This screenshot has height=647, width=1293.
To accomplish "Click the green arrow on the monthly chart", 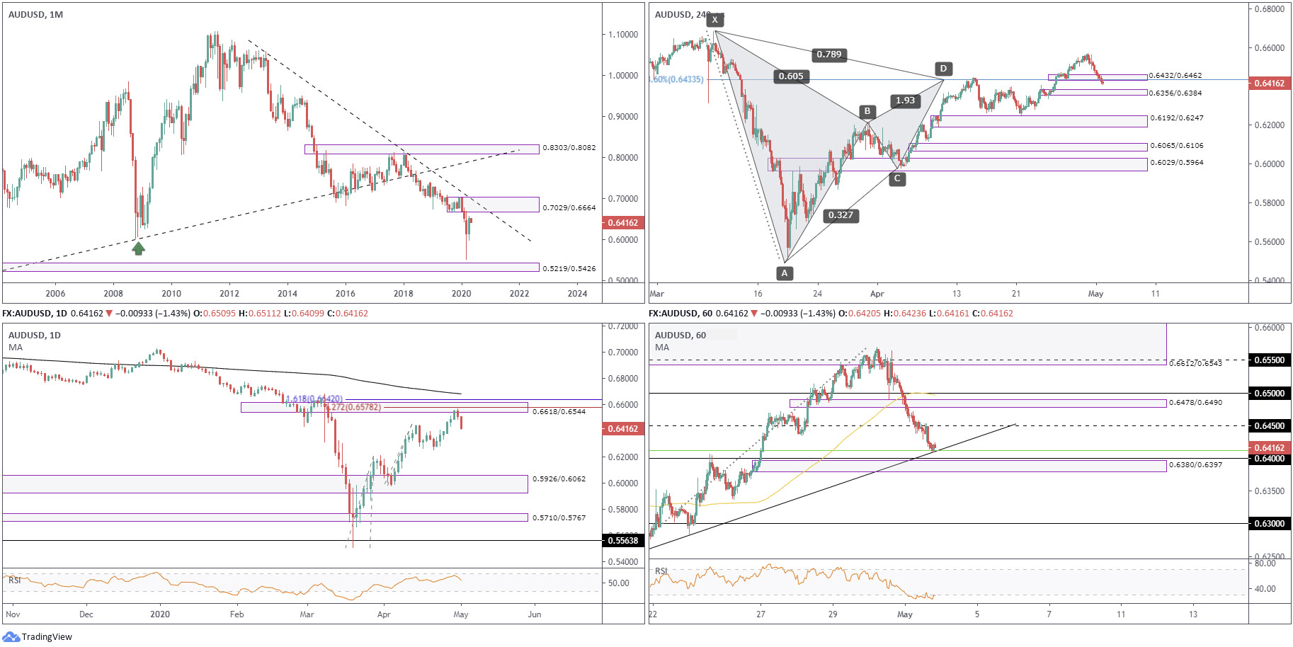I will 139,248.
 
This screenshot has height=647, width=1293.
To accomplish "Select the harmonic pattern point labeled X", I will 714,20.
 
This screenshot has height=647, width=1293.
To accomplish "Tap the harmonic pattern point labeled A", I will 784,273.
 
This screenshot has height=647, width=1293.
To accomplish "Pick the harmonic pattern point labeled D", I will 942,69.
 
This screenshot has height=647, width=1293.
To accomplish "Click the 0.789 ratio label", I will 828,55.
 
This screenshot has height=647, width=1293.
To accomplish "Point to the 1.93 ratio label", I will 905,101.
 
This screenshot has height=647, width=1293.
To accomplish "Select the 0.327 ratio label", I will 841,215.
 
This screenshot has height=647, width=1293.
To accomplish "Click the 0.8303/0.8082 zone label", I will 569,148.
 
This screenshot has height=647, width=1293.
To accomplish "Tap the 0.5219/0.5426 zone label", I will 569,268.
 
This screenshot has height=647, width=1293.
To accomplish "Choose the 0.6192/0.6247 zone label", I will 1176,118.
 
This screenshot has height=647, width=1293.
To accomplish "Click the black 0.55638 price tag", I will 623,541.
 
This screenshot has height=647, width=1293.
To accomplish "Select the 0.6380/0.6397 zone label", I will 1195,465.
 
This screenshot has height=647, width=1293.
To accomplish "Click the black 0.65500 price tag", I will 1269,360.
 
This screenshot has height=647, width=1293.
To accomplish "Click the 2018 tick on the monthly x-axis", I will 403,294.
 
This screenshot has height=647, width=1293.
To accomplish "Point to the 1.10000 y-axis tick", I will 623,35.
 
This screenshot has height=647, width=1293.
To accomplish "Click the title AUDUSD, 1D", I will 34,336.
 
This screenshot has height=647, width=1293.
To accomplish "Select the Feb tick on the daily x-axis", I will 237,614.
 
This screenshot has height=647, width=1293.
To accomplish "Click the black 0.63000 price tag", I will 1269,524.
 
